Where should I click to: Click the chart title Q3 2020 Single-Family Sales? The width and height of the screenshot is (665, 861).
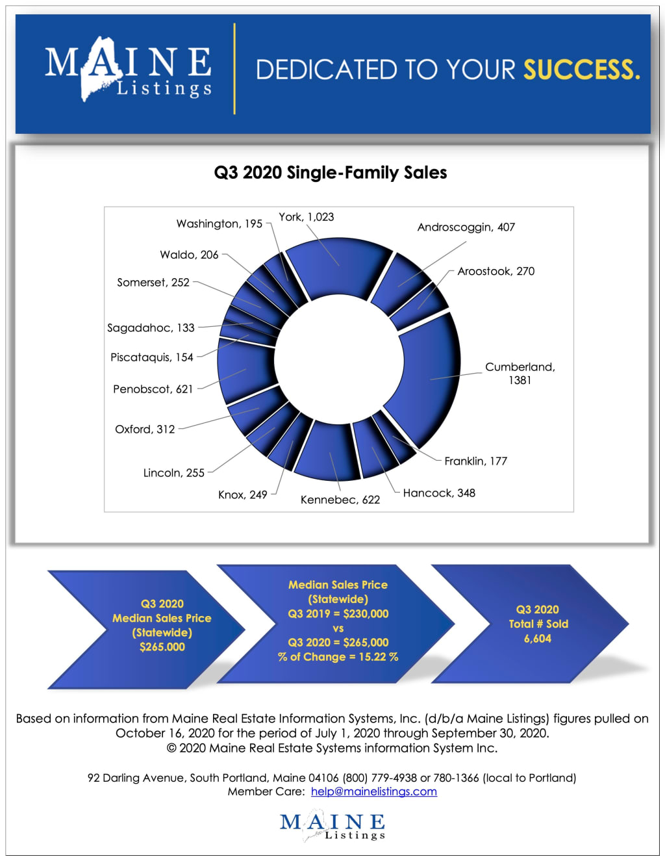click(331, 173)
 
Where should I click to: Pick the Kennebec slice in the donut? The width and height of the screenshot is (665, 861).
click(328, 452)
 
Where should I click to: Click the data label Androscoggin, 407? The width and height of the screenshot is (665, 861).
click(466, 227)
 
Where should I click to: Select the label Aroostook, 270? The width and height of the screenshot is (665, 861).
click(496, 272)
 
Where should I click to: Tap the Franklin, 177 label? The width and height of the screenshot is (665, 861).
click(475, 461)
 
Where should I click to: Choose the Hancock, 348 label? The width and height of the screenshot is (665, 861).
click(439, 493)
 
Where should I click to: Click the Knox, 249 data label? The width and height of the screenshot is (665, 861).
click(242, 495)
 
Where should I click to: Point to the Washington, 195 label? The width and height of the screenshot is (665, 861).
click(219, 224)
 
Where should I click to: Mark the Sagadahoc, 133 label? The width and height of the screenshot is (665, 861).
click(151, 328)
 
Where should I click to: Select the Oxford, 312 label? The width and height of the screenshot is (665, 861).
click(145, 430)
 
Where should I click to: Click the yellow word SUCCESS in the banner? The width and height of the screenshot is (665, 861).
click(581, 70)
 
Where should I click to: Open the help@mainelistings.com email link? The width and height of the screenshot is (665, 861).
click(373, 791)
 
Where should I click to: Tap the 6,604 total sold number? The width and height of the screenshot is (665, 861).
click(538, 639)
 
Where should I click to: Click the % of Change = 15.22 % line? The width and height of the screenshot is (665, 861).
click(338, 657)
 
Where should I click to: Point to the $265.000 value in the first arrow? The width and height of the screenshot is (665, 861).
click(162, 647)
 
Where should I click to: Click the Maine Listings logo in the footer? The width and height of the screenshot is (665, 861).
click(332, 825)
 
